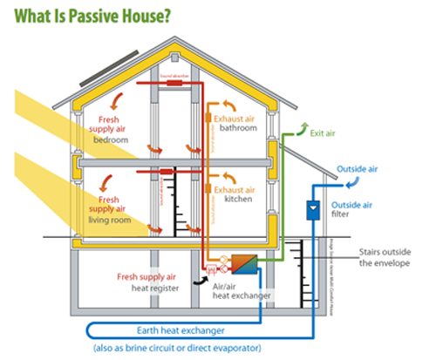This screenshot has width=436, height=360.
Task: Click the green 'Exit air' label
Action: [324, 134]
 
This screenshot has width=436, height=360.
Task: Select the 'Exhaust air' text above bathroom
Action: [236, 116]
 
